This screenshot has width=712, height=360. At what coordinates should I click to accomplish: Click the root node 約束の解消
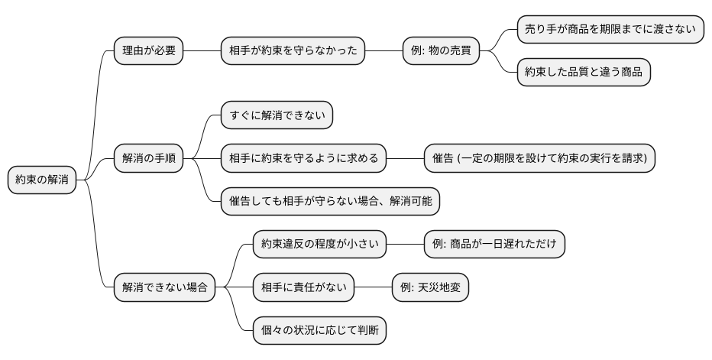point(42,180)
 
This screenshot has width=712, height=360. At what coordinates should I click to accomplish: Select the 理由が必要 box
point(148,51)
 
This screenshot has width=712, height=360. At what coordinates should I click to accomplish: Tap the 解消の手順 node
point(148,158)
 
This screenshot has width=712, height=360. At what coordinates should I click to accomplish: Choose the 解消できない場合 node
point(164,287)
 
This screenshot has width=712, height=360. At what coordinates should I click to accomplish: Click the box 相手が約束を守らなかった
point(293,51)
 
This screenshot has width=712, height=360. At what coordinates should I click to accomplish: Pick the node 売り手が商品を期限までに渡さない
point(610,30)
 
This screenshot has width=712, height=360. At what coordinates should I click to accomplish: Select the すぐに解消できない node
point(277,115)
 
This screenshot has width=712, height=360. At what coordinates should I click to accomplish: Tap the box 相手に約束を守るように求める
point(303,158)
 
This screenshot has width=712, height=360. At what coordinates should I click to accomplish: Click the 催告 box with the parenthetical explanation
point(539,158)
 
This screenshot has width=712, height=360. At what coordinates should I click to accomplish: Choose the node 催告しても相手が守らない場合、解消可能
point(330,201)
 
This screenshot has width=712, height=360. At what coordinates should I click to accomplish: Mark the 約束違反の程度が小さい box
point(319,244)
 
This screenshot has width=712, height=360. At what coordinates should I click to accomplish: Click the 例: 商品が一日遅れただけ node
point(494,244)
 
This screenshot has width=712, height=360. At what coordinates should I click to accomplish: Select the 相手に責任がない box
point(303,287)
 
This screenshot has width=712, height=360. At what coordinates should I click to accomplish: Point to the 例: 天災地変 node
point(430,287)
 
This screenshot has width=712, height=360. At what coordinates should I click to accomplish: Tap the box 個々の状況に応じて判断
point(319,330)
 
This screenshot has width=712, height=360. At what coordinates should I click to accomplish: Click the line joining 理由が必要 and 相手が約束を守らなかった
point(202,51)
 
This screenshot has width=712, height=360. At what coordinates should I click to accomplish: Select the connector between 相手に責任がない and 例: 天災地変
point(373,287)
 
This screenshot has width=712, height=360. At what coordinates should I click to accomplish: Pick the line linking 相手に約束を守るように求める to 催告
point(405,158)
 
